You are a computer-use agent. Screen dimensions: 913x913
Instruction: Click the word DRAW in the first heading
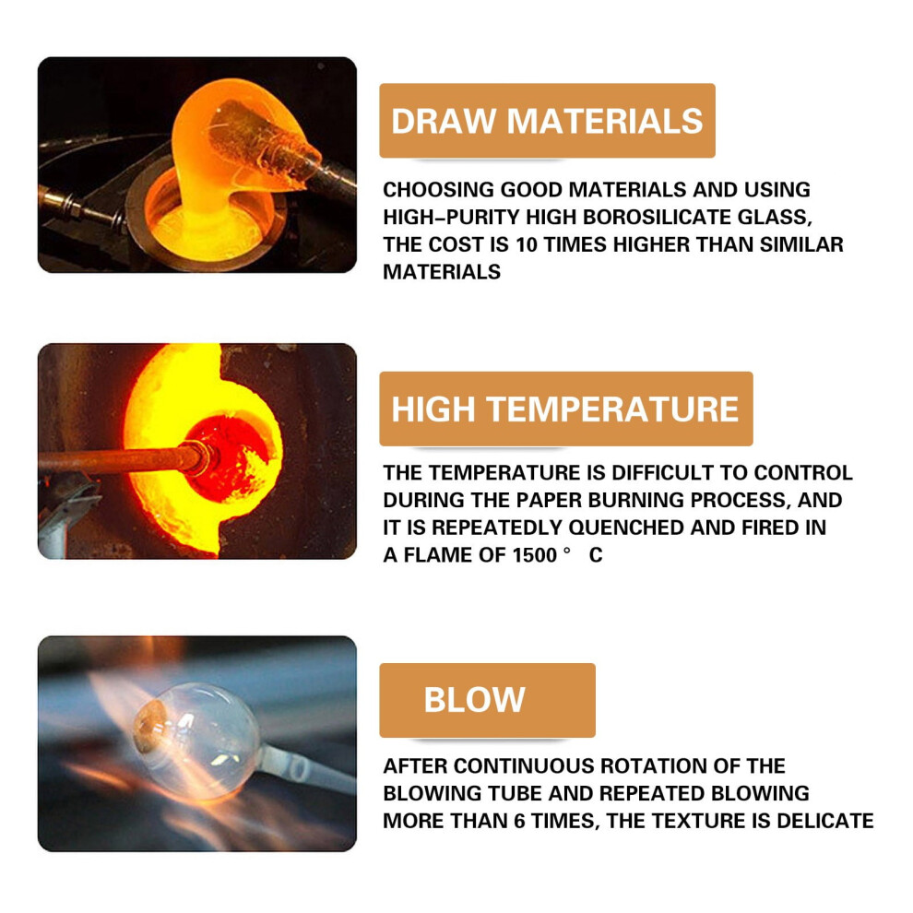point(443,121)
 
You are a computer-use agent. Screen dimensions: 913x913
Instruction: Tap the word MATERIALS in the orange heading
point(605,121)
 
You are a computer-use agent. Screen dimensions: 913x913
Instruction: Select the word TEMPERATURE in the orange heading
point(612,409)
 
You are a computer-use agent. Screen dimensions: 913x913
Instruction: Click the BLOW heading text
point(475,699)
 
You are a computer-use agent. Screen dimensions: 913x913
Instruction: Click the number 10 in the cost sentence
point(527,244)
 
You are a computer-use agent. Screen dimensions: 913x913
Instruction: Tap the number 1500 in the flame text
point(535,555)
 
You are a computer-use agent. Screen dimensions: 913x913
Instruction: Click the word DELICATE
point(825,821)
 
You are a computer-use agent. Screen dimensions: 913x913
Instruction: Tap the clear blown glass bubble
point(198,741)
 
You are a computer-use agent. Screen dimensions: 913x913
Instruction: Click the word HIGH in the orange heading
point(433,409)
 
